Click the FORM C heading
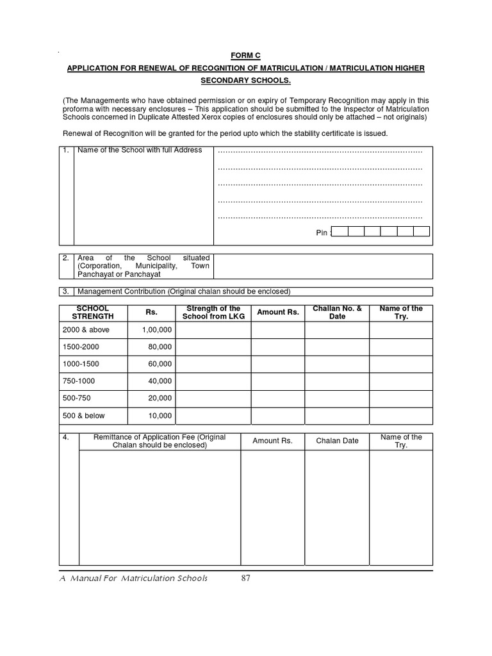tap(247, 55)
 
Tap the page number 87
tap(246, 578)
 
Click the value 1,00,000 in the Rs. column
tap(157, 329)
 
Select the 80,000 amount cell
tap(160, 347)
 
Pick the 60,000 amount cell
tap(160, 364)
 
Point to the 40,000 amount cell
tap(160, 381)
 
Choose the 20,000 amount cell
tap(160, 398)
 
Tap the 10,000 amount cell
tap(160, 416)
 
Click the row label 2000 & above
tap(86, 329)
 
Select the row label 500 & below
tap(84, 416)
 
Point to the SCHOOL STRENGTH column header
tap(92, 313)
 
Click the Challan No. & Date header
tap(337, 313)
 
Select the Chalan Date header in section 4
tap(337, 441)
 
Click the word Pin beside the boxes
tap(322, 233)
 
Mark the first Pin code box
tap(340, 232)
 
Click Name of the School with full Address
tap(140, 150)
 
